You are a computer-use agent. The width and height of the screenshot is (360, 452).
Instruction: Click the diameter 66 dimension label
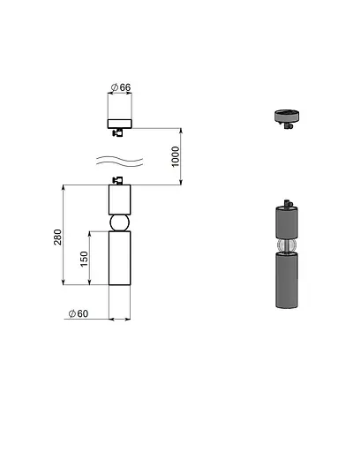point(121,87)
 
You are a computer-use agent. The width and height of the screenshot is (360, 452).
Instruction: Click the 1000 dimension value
point(176,156)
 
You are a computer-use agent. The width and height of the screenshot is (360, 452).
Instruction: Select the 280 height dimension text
point(58,237)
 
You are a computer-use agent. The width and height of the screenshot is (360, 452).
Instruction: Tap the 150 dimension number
point(84,259)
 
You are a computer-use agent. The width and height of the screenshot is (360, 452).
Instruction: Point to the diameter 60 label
point(79,313)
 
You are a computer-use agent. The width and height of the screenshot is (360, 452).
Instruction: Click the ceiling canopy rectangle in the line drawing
point(120,124)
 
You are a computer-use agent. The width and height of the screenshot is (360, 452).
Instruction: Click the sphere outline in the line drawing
point(119,223)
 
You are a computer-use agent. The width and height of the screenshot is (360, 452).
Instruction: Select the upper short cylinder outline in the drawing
point(119,200)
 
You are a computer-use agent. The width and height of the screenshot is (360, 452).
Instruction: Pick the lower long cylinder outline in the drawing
point(119,258)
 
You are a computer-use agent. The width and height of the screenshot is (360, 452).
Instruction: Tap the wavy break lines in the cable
point(120,162)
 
